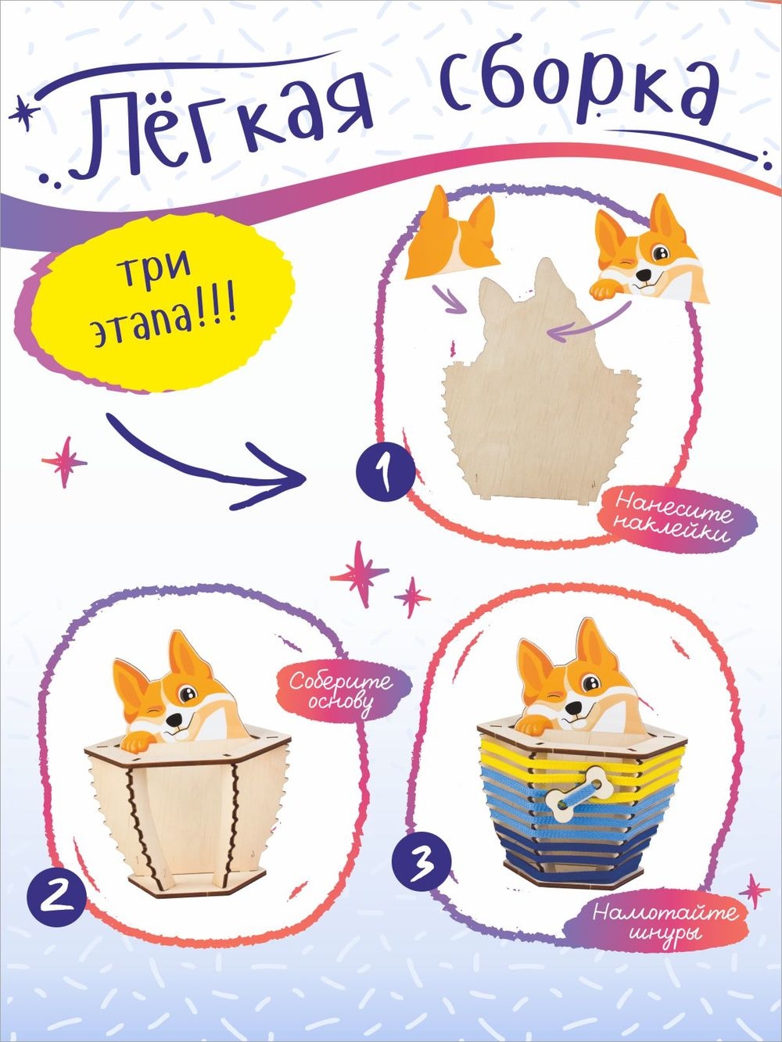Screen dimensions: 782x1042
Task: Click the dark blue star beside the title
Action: pos(24,114)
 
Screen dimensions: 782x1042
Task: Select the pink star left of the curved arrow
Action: pos(65,462)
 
